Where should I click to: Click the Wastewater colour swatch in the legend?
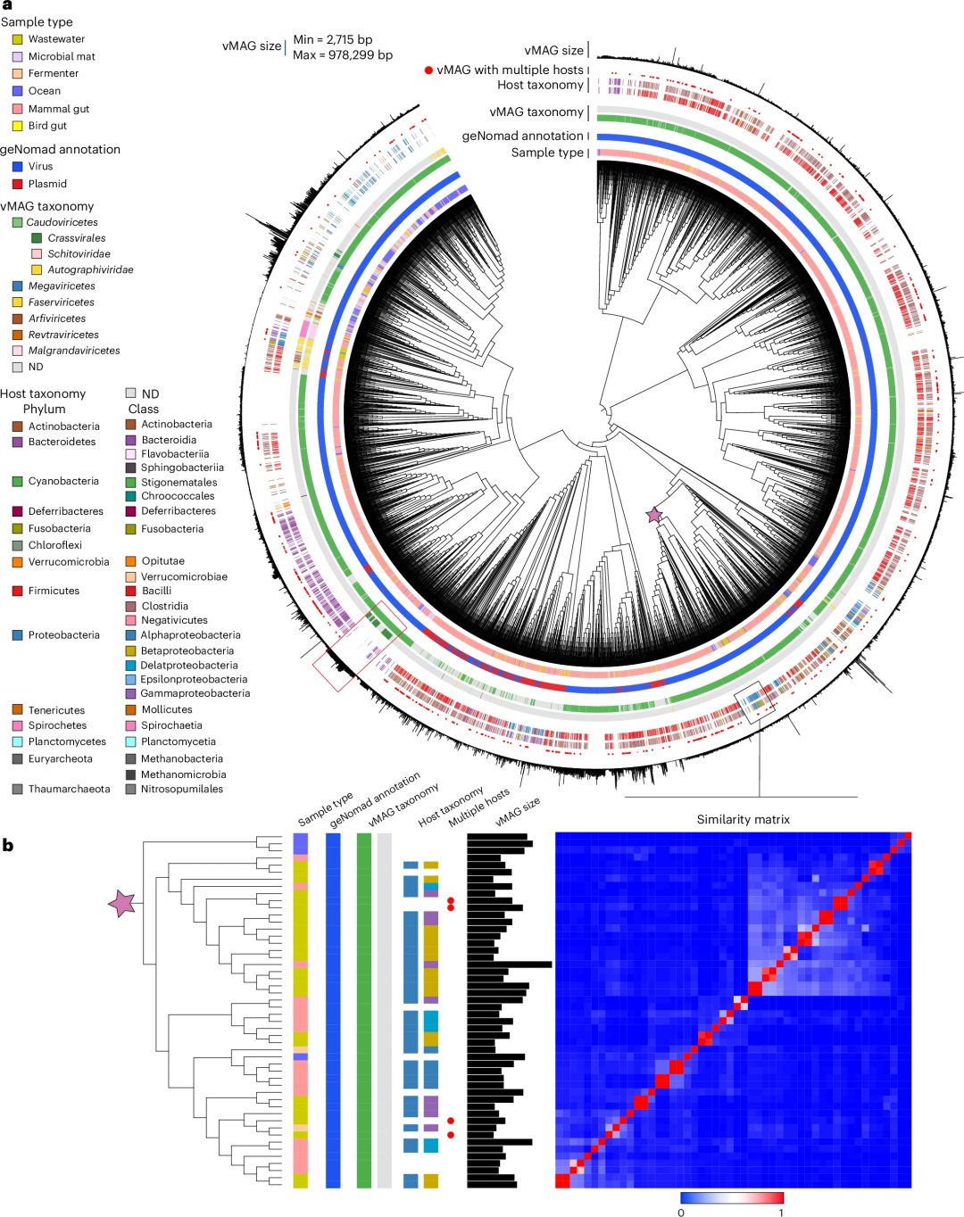pyautogui.click(x=17, y=39)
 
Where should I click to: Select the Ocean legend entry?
pyautogui.click(x=45, y=91)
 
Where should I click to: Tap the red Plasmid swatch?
pyautogui.click(x=17, y=184)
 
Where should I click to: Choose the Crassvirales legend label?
pyautogui.click(x=77, y=238)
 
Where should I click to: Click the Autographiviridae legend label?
pyautogui.click(x=90, y=269)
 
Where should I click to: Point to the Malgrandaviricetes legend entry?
pyautogui.click(x=74, y=351)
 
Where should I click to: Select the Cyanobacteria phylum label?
pyautogui.click(x=63, y=481)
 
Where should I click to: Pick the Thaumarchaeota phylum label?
pyautogui.click(x=69, y=789)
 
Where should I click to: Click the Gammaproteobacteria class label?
pyautogui.click(x=195, y=693)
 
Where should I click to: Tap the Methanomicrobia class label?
pyautogui.click(x=183, y=774)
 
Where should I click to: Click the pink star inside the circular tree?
pyautogui.click(x=654, y=515)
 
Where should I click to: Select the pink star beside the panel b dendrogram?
pyautogui.click(x=121, y=904)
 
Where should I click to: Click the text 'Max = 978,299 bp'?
pyautogui.click(x=343, y=55)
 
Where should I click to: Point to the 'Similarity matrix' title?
pyautogui.click(x=743, y=819)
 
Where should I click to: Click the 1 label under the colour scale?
pyautogui.click(x=781, y=1212)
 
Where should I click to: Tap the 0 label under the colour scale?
pyautogui.click(x=681, y=1212)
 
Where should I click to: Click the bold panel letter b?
pyautogui.click(x=8, y=845)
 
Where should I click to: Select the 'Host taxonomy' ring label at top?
pyautogui.click(x=540, y=85)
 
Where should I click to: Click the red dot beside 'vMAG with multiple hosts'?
pyautogui.click(x=428, y=70)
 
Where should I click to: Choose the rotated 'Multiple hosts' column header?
pyautogui.click(x=479, y=806)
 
